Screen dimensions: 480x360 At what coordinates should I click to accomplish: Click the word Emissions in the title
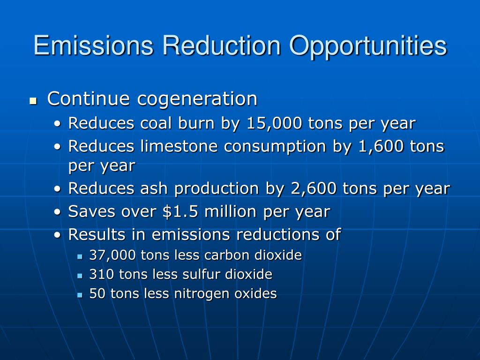(x=93, y=45)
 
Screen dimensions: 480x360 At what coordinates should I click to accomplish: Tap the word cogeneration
(x=197, y=99)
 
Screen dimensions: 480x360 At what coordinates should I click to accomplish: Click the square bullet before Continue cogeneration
(x=33, y=101)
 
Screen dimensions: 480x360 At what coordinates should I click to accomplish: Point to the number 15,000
(x=274, y=123)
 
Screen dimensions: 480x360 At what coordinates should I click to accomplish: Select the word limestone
(x=179, y=146)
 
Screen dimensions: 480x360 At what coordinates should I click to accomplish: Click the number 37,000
(x=112, y=255)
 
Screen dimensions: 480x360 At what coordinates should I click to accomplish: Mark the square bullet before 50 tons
(x=80, y=295)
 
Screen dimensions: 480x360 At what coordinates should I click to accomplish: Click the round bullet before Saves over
(x=58, y=212)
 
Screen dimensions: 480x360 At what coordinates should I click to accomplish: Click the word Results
(x=97, y=234)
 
